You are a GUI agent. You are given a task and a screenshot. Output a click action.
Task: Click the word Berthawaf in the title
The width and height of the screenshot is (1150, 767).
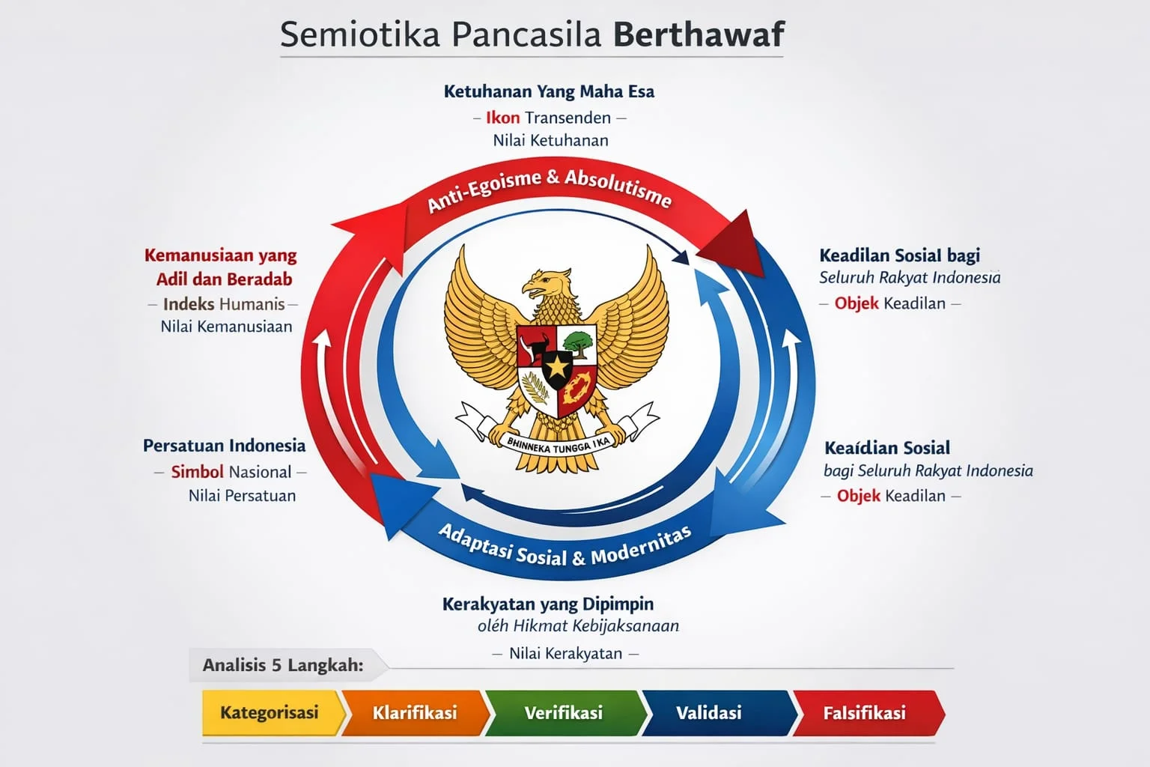(699, 35)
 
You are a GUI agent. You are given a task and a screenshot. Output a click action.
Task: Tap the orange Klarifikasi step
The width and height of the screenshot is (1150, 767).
(415, 712)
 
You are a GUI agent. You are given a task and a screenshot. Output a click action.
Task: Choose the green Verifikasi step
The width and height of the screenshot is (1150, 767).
(564, 712)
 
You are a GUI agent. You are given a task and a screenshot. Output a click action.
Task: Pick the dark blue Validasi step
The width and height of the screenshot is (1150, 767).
(709, 712)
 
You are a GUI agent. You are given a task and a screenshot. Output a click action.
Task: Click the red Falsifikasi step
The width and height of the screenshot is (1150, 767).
(865, 712)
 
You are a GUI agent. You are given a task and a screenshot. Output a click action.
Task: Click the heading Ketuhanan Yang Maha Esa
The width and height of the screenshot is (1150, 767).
(549, 91)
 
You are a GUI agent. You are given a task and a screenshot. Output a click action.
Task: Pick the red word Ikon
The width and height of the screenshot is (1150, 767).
(502, 118)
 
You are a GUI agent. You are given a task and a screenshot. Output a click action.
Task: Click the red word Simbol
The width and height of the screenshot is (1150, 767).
(197, 472)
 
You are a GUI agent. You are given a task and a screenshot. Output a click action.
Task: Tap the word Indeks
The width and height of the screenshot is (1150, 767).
(189, 304)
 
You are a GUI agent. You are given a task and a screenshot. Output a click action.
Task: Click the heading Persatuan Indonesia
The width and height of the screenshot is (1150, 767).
(224, 446)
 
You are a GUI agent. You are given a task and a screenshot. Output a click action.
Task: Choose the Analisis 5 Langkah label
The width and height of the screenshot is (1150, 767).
(283, 665)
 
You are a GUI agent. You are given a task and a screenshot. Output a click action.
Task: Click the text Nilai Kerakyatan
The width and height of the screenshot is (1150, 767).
(566, 653)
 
